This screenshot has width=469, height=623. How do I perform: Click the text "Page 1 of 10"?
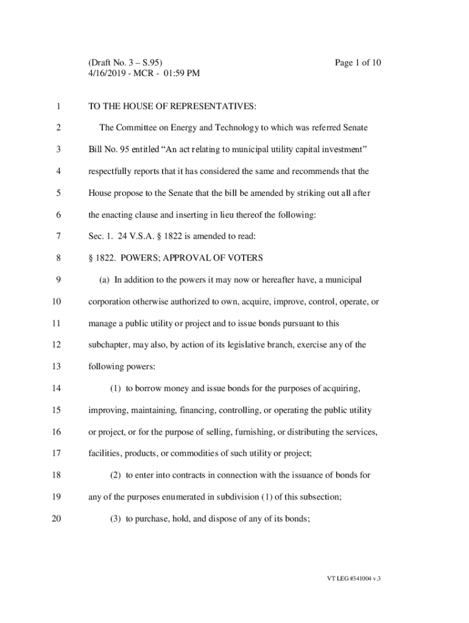358,63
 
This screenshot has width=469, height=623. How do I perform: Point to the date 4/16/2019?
108,74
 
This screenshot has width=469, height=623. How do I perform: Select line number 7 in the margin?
58,236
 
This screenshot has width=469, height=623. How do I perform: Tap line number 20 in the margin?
56,518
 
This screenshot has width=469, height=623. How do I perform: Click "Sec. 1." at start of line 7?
100,236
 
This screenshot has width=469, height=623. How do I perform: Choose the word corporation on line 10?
111,302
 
